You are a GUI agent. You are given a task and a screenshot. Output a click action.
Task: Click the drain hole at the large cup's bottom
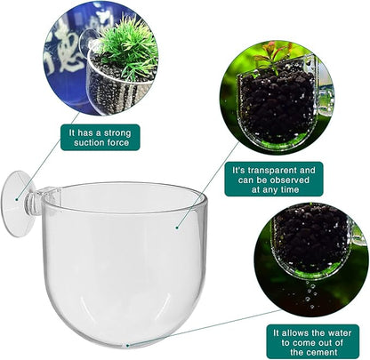coord(128,341)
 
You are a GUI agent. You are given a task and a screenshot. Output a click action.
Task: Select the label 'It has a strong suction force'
coord(99,137)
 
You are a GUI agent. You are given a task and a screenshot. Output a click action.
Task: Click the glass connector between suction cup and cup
coord(45,194)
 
